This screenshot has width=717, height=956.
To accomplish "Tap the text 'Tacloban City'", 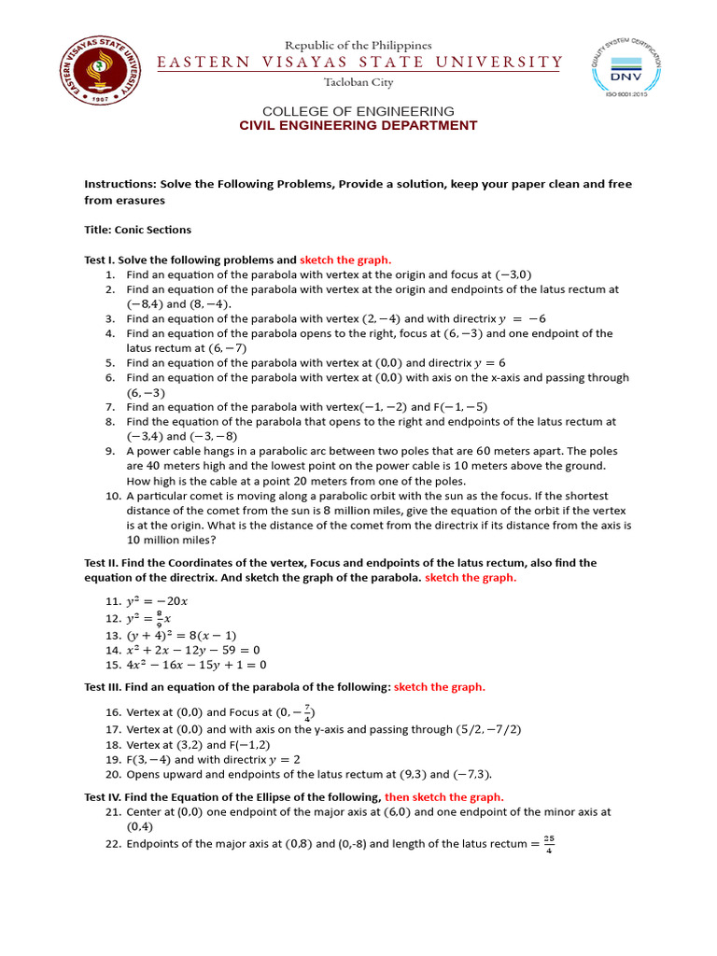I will tap(358, 82).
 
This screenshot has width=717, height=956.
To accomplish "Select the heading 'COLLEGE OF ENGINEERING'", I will tap(358, 111).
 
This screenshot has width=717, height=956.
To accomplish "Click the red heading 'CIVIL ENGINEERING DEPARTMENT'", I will tap(358, 125).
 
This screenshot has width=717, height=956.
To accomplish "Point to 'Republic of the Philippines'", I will tap(358, 45).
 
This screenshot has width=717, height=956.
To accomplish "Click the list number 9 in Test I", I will tap(110, 451).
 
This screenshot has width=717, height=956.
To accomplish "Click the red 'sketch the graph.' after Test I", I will tap(345, 260).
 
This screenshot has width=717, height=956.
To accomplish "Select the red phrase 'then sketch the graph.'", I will tap(444, 796).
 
